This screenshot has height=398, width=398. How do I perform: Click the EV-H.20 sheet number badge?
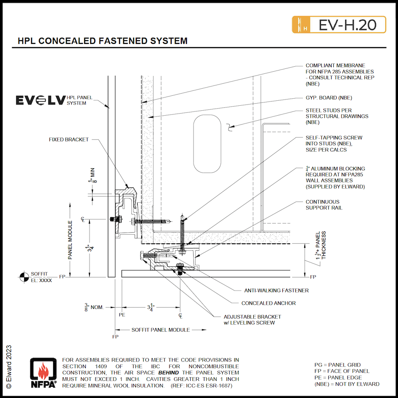[x=339, y=24]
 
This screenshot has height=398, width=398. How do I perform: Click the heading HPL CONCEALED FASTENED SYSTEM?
[x=103, y=41]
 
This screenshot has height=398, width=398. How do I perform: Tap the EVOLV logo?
[x=40, y=100]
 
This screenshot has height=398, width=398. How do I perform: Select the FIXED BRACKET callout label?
[x=68, y=140]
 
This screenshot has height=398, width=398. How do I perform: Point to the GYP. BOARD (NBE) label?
[x=329, y=98]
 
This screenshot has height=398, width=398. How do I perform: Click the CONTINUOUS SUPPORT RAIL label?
[x=324, y=205]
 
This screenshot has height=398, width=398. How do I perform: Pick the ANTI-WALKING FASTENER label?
[x=277, y=291]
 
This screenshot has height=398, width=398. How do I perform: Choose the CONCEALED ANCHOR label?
[x=269, y=303]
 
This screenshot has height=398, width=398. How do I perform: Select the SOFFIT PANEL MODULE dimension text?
[x=160, y=330]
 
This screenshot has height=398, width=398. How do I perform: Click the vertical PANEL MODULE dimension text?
[x=70, y=240]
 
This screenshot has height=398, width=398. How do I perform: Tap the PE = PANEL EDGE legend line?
[x=337, y=377]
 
